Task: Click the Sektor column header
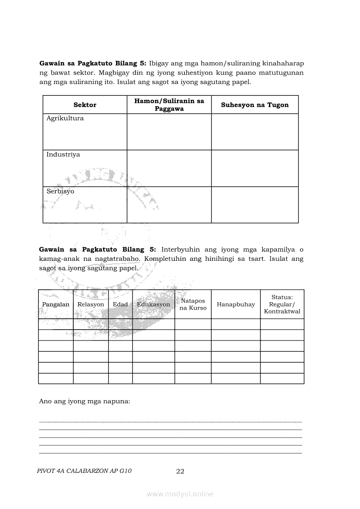tap(85, 105)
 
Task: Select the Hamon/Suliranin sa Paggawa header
tap(169, 105)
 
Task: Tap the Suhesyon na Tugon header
tap(255, 105)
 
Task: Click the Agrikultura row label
tap(65, 118)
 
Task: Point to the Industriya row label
tap(63, 155)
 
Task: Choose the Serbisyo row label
tap(61, 191)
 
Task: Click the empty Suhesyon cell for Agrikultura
tap(255, 132)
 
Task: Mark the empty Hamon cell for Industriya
tap(169, 169)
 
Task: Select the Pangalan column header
tap(56, 304)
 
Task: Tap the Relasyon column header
tap(91, 304)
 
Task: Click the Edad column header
tap(120, 304)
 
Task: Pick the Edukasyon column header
tap(153, 304)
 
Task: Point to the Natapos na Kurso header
tap(193, 304)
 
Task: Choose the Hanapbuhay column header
tap(236, 304)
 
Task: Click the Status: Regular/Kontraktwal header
tap(282, 304)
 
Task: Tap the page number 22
tap(180, 471)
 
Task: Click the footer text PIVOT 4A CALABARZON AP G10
tap(85, 471)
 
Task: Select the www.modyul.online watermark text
tap(180, 494)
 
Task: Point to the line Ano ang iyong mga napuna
tap(85, 401)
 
